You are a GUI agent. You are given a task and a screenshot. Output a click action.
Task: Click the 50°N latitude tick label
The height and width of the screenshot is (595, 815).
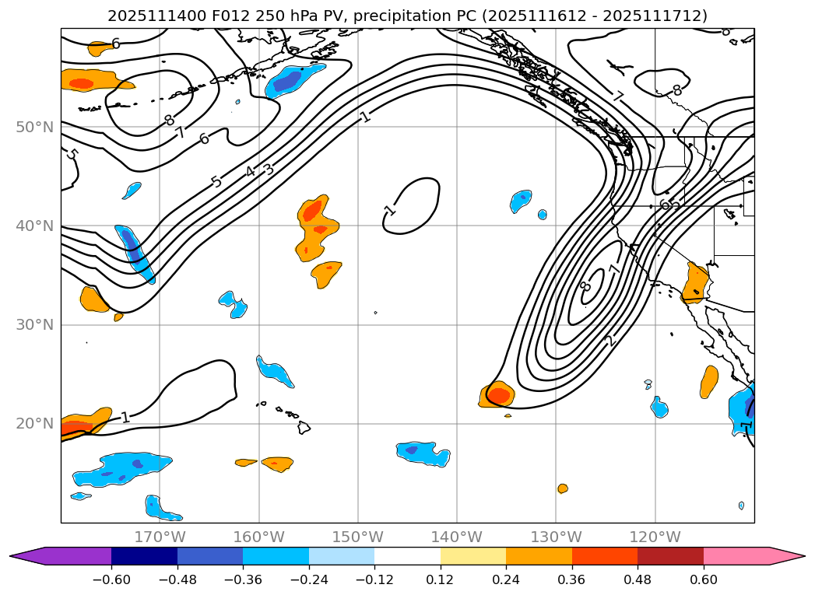pos(34,127)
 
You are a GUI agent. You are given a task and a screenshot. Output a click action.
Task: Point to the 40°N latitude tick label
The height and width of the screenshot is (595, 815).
pos(34,226)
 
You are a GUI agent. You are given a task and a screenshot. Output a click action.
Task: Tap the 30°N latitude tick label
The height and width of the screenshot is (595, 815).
pos(34,324)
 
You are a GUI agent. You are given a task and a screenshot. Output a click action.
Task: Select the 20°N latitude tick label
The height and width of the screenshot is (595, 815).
pos(34,424)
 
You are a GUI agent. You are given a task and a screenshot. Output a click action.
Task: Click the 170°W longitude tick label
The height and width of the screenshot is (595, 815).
pos(160,537)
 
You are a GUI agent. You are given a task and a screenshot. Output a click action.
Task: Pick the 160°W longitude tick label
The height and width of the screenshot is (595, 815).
pos(258,537)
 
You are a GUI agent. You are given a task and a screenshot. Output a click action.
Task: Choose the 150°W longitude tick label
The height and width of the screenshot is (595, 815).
pos(357,537)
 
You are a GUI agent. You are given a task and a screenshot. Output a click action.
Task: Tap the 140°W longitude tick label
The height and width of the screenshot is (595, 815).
pos(456,537)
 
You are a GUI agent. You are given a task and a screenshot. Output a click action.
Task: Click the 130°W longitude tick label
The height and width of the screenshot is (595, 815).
pos(556,537)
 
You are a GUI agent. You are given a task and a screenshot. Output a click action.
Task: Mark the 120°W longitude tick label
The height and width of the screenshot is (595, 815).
pos(655,537)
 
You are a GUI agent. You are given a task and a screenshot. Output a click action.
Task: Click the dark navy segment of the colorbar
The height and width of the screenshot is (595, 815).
pos(144,556)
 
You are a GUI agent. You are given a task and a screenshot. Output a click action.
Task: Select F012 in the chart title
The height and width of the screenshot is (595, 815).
pos(228,16)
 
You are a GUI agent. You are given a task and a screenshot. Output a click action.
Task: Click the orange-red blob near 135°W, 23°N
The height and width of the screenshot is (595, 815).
pos(498,394)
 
